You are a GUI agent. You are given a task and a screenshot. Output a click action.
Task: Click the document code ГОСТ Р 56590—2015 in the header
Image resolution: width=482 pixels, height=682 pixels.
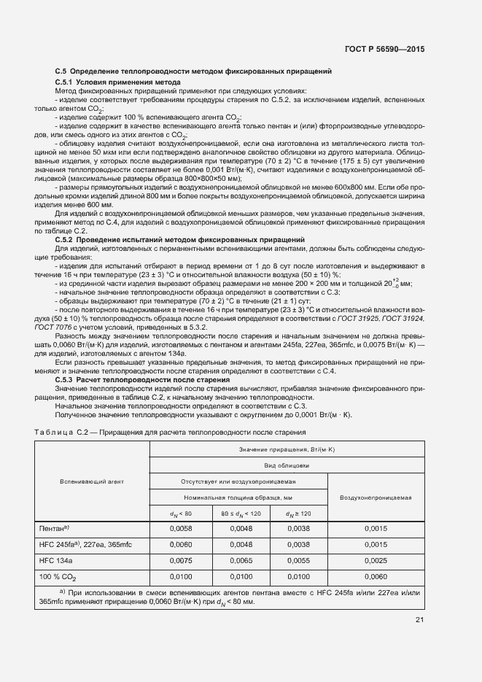pos(385,49)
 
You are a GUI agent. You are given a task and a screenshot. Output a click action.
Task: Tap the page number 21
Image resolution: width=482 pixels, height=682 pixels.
pos(419,620)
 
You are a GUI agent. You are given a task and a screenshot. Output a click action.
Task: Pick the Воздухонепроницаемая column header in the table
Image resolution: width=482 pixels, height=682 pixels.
pos(376,497)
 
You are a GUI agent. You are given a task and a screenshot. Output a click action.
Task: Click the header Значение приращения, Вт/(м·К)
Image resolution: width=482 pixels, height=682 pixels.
pos(286,450)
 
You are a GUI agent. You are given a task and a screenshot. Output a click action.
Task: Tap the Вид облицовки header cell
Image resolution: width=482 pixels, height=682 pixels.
pos(286,465)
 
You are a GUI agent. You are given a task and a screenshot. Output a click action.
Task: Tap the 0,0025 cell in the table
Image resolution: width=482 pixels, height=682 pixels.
pos(376,560)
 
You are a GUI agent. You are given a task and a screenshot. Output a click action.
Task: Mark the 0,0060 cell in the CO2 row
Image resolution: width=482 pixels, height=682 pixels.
pos(376,577)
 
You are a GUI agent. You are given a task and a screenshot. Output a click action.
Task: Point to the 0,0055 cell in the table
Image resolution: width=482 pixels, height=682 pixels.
pos(299,560)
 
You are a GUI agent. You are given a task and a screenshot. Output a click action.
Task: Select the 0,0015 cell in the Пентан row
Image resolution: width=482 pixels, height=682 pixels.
pos(376,527)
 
